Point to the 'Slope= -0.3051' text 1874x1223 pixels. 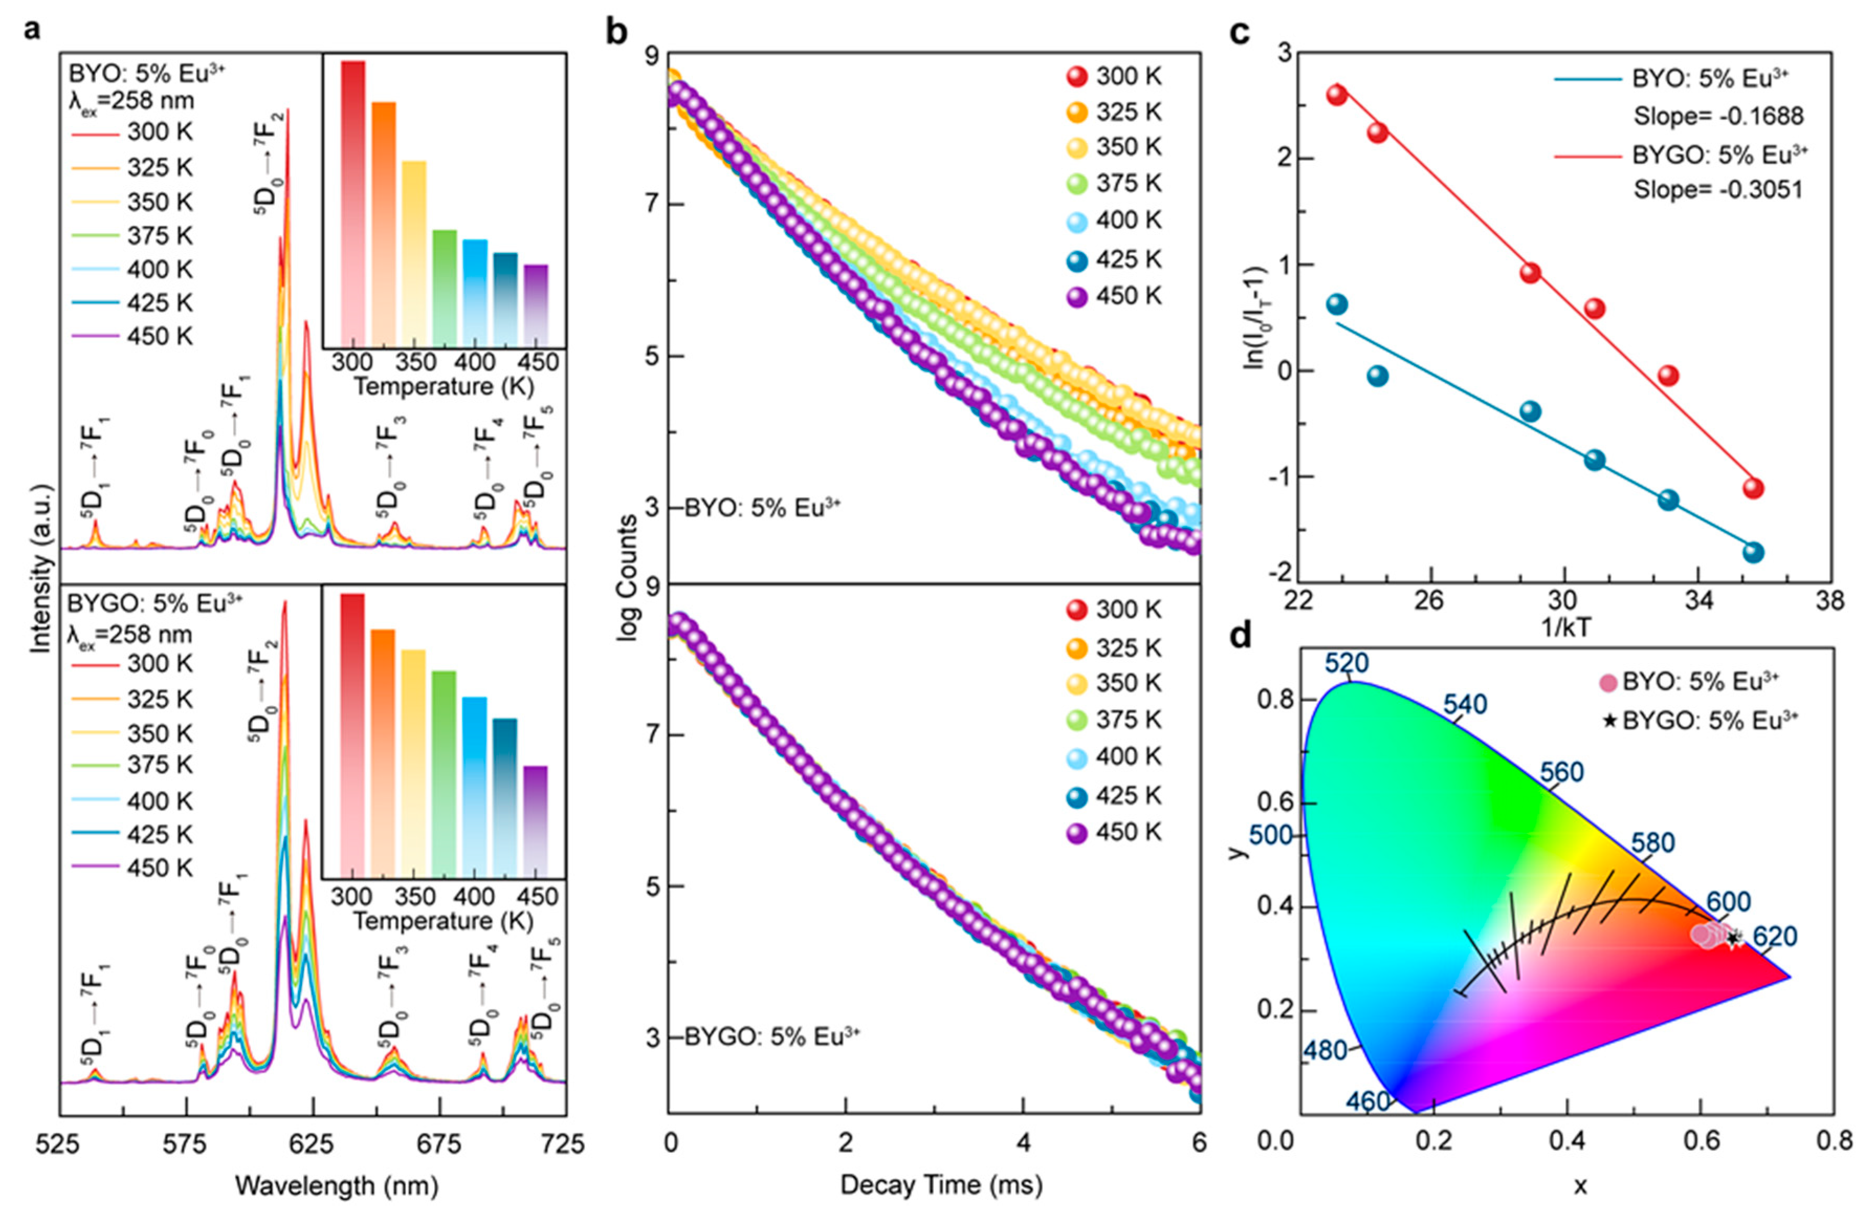pyautogui.click(x=1718, y=190)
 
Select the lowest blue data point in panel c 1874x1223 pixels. pyautogui.click(x=1753, y=552)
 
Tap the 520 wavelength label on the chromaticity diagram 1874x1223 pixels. pyautogui.click(x=1346, y=663)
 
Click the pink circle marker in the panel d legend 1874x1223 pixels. pyautogui.click(x=1609, y=682)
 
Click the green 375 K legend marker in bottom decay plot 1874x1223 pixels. pyautogui.click(x=1077, y=720)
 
